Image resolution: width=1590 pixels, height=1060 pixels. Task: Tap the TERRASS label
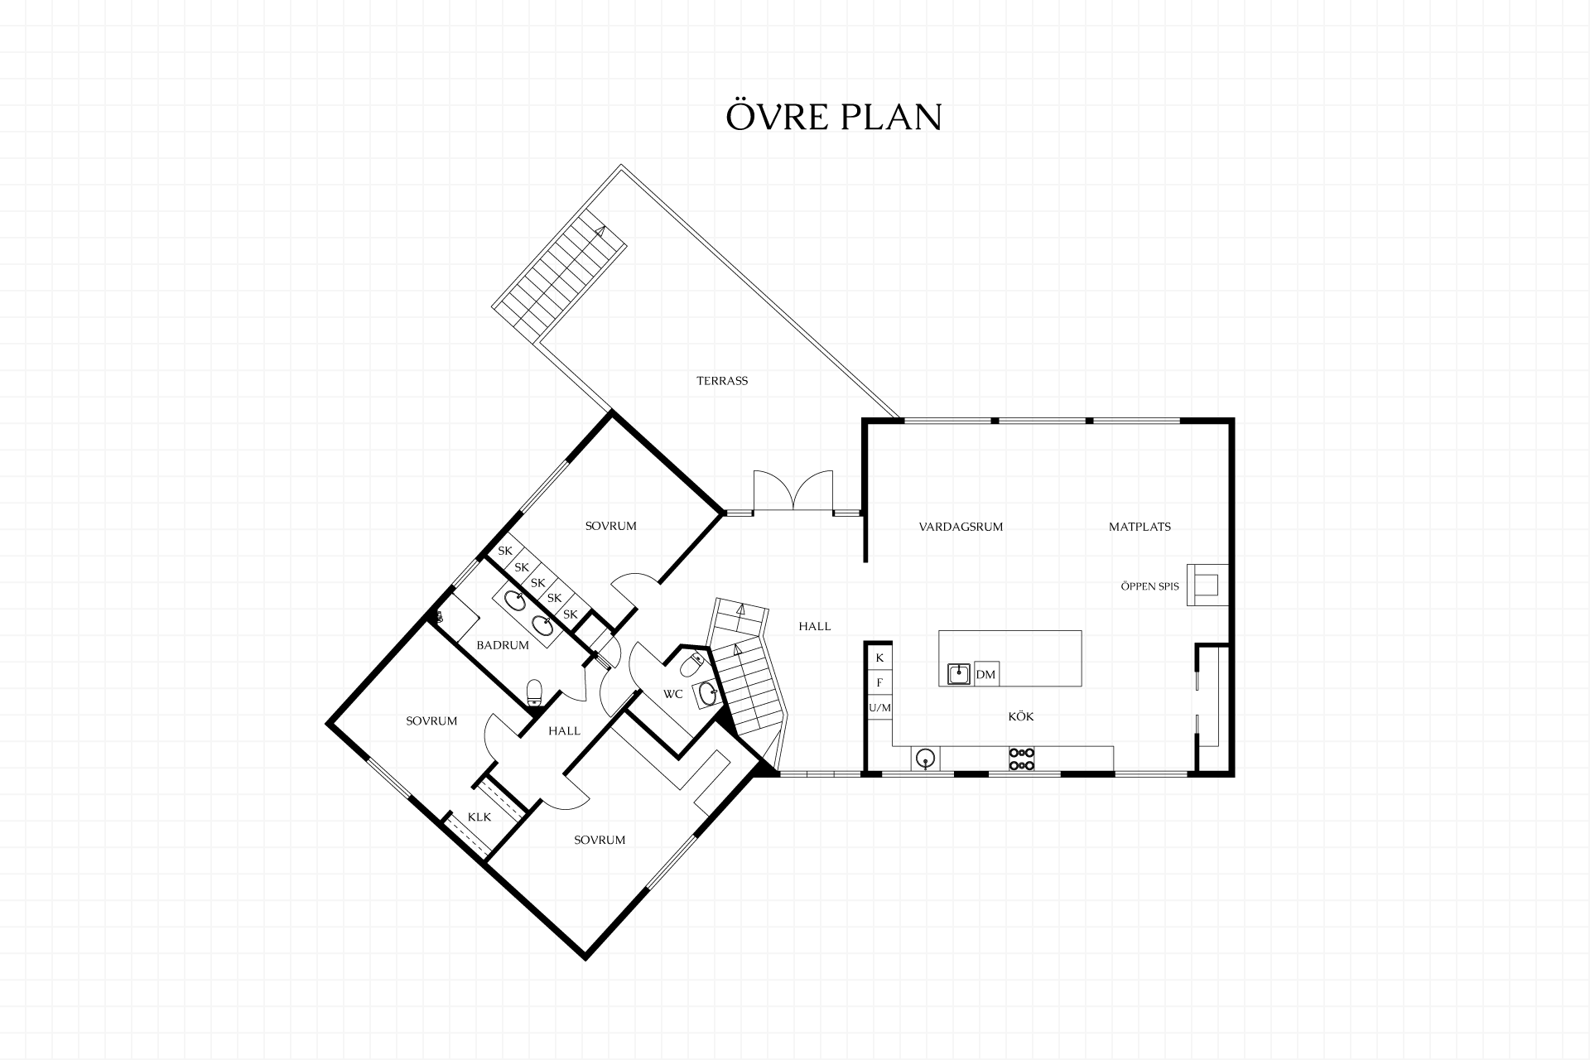click(722, 381)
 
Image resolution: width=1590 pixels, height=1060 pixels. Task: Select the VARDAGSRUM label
click(961, 527)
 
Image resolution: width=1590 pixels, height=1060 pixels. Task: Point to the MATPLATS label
click(1139, 527)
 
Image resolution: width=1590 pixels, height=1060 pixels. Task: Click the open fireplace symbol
click(1207, 585)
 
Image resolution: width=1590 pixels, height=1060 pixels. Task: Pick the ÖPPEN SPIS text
click(1149, 586)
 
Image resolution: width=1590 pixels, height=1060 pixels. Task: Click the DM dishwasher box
click(985, 674)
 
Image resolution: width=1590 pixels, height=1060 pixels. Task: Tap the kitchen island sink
click(960, 674)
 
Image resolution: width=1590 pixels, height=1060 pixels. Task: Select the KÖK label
click(1021, 716)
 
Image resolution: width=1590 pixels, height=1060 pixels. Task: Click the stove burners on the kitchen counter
click(1021, 759)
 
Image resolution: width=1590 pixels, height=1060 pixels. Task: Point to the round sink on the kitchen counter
click(925, 758)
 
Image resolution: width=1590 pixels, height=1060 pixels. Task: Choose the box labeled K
click(879, 658)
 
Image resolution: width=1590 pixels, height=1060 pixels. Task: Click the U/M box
click(879, 708)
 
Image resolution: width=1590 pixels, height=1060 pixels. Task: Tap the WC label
click(672, 694)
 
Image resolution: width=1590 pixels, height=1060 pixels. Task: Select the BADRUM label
click(503, 645)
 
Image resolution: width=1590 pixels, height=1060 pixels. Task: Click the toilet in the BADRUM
click(534, 691)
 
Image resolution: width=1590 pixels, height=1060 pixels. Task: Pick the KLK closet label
click(479, 817)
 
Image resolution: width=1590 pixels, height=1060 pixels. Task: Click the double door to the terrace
click(793, 490)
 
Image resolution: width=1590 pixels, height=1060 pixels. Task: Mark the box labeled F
click(879, 683)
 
